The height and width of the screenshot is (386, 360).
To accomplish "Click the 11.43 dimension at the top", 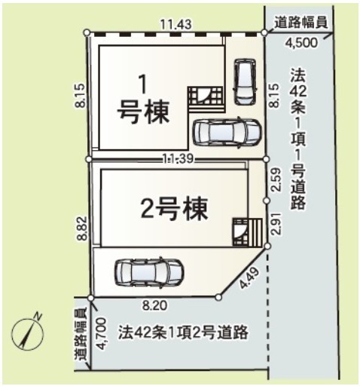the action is click(x=176, y=25).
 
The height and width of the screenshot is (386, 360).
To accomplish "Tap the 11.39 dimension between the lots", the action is click(x=178, y=159).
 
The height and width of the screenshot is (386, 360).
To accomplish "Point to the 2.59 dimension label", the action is click(x=276, y=180).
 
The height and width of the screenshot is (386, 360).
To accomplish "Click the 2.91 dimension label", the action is click(x=276, y=224).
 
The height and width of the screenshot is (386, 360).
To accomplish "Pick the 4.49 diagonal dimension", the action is click(x=249, y=278).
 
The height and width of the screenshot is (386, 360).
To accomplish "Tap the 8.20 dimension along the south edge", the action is click(x=154, y=306).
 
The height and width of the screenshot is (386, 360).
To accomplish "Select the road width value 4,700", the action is click(x=102, y=333).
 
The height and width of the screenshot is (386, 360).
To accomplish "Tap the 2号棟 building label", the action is click(x=175, y=208).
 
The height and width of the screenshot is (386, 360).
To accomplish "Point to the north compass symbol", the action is click(x=28, y=332).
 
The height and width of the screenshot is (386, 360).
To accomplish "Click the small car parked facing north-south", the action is click(x=245, y=82).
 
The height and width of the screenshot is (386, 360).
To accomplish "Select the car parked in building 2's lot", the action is click(x=149, y=272).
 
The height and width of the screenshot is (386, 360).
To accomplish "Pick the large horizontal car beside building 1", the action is click(x=227, y=132).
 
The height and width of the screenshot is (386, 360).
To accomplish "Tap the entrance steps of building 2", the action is click(x=248, y=232).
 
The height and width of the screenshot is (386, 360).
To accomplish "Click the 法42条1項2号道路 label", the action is click(x=183, y=332).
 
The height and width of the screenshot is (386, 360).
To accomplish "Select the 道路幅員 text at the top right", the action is click(x=301, y=23).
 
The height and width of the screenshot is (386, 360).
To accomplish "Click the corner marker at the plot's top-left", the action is click(x=87, y=32).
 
